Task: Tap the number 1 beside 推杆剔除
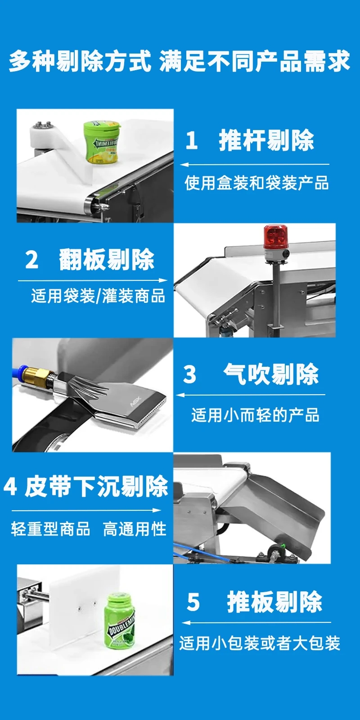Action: [x=192, y=140]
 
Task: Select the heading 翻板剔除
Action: [x=107, y=259]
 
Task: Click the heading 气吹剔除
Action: [x=271, y=374]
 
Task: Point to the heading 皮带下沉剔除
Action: [x=97, y=486]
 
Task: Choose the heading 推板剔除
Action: [x=275, y=602]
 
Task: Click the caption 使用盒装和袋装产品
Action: [x=256, y=183]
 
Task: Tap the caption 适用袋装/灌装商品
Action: [x=98, y=296]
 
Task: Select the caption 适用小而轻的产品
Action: [x=255, y=415]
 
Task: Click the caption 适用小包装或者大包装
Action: [x=260, y=643]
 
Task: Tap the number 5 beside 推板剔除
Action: [x=193, y=602]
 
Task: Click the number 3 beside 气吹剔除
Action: [x=189, y=374]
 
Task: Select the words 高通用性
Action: [x=135, y=529]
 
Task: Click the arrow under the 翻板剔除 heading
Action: [x=93, y=280]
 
